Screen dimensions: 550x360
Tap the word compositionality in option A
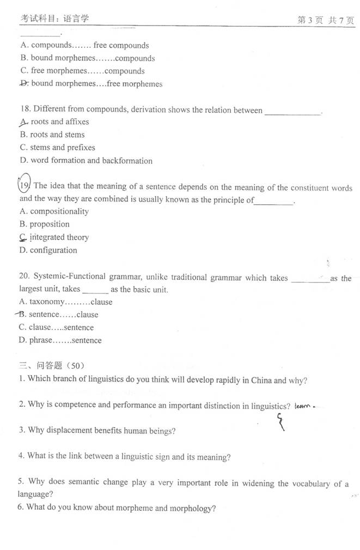[59, 211]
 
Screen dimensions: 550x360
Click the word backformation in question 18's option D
[127, 161]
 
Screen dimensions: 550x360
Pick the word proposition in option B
[50, 224]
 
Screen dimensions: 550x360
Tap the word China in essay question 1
[261, 380]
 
